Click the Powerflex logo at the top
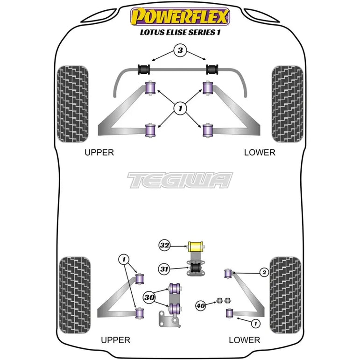(x=180, y=16)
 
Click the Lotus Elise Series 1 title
(x=180, y=32)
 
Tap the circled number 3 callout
(x=180, y=50)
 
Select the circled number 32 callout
(x=164, y=245)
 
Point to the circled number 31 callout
(x=164, y=268)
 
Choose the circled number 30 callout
(x=149, y=297)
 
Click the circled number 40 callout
(x=200, y=306)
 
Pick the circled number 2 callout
(x=264, y=273)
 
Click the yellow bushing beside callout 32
(x=196, y=247)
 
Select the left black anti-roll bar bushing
(x=144, y=69)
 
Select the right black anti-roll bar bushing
(x=212, y=69)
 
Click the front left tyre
(x=72, y=104)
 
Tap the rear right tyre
(x=285, y=295)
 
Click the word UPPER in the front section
(x=99, y=152)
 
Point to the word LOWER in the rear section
(x=244, y=340)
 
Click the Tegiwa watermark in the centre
(x=180, y=180)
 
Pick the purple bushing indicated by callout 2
(x=228, y=274)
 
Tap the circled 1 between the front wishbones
(x=180, y=108)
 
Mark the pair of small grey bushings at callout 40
(x=224, y=300)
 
